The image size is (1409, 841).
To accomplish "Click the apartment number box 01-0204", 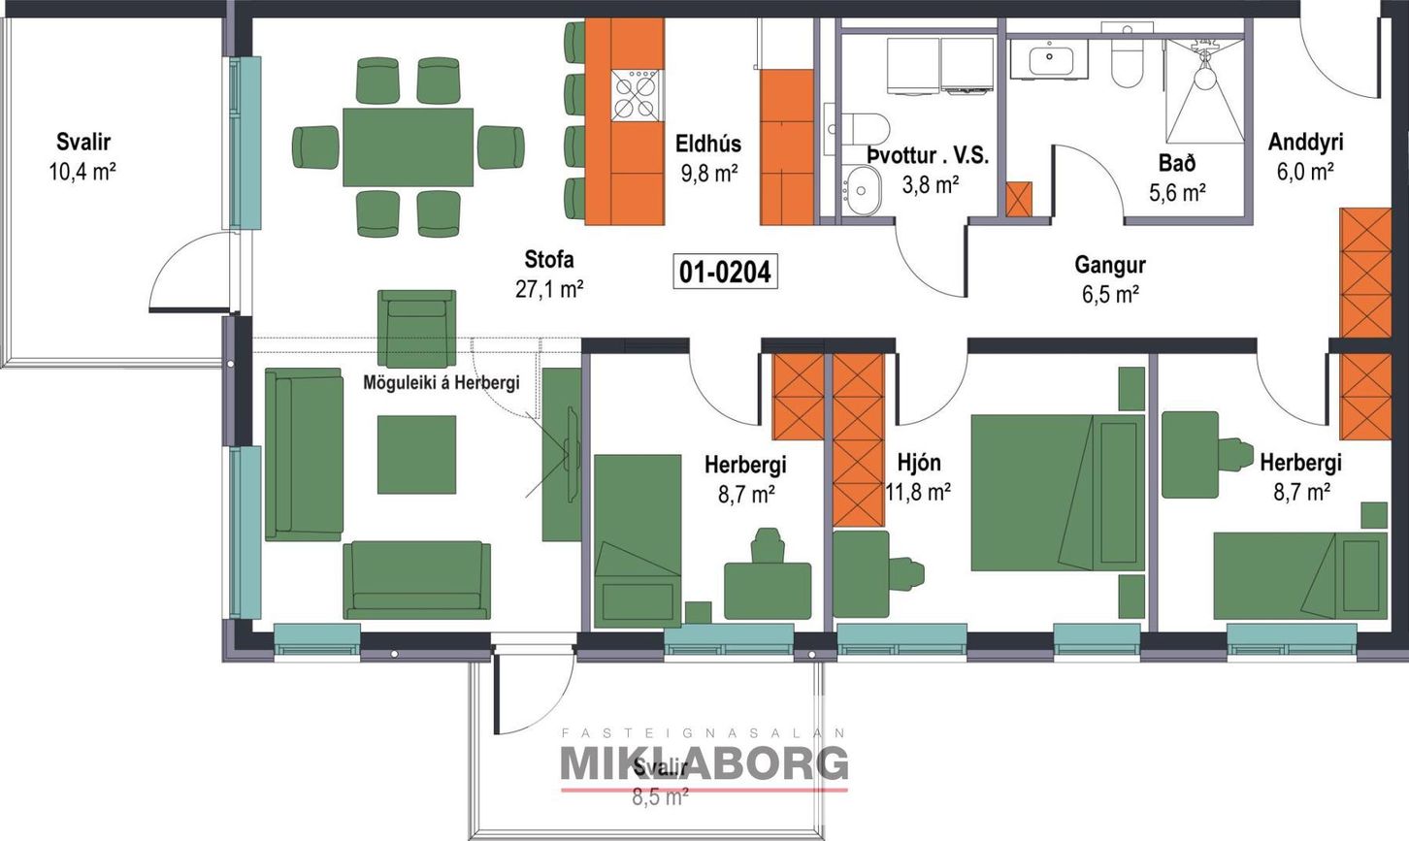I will pyautogui.click(x=725, y=272).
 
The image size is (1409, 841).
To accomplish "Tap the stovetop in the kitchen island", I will pyautogui.click(x=637, y=96).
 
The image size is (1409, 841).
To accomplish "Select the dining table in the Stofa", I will pyautogui.click(x=408, y=146).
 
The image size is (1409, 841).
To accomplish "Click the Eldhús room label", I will pyautogui.click(x=708, y=145).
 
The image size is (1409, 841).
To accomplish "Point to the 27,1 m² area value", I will pyautogui.click(x=549, y=288).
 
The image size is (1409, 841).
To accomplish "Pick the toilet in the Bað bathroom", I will pyautogui.click(x=1128, y=60).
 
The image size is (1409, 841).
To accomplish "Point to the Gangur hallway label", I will pyautogui.click(x=1110, y=265).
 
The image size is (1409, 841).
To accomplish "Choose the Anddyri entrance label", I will pyautogui.click(x=1305, y=143).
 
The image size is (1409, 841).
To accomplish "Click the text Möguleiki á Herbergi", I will pyautogui.click(x=441, y=382).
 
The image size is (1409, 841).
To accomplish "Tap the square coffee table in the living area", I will pyautogui.click(x=416, y=454).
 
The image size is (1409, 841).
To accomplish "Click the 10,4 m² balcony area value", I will pyautogui.click(x=82, y=173).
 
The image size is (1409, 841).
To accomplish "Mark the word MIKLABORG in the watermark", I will pyautogui.click(x=704, y=763).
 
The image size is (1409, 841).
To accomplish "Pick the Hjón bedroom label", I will pyautogui.click(x=918, y=463).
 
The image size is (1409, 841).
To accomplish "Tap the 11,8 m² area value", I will pyautogui.click(x=918, y=493).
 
